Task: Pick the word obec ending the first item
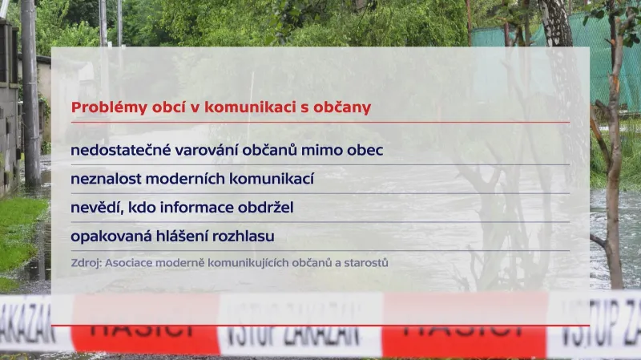point(364,150)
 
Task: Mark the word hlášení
point(184,237)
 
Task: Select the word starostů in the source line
point(366,262)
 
